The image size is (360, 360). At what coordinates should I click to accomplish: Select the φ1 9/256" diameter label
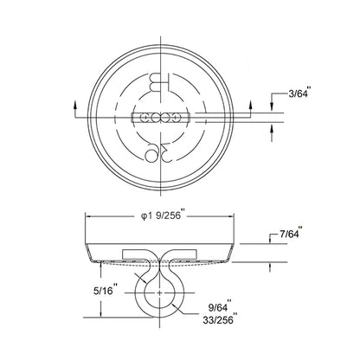click(162, 216)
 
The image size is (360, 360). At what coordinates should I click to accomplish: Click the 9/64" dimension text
click(219, 307)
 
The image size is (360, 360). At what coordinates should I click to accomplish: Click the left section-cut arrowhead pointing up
click(75, 105)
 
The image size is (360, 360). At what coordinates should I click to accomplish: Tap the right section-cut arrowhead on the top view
click(250, 105)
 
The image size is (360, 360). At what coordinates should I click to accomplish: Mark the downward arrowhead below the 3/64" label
click(272, 108)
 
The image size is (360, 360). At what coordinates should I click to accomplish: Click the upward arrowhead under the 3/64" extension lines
click(272, 126)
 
